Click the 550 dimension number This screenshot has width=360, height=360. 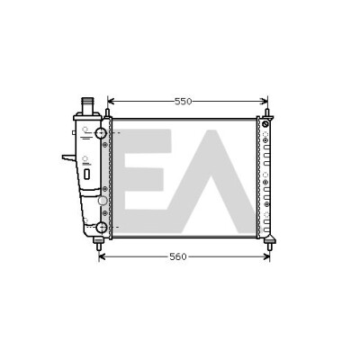point(183,102)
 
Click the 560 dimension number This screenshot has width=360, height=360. point(178,256)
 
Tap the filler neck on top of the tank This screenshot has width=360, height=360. point(88,105)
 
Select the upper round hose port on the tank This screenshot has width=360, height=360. point(101,133)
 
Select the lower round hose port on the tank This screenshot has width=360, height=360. point(102,228)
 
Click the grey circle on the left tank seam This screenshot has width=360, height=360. point(103,201)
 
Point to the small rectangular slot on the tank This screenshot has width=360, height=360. point(86,174)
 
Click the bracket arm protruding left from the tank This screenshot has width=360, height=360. point(69,157)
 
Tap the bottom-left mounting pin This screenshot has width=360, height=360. point(98,244)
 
